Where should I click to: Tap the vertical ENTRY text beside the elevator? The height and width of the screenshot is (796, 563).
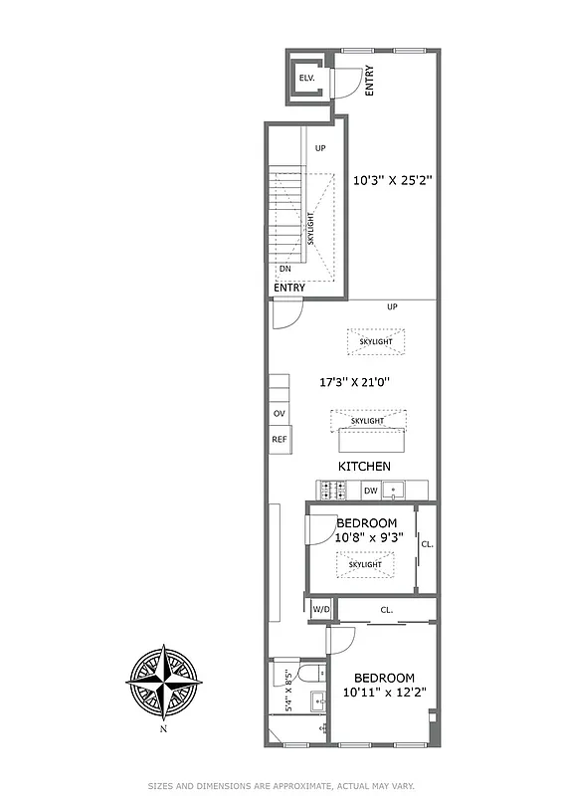pos(369,80)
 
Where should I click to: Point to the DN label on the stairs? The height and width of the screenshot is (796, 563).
pos(284,269)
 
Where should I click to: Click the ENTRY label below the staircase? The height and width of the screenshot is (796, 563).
pos(289,288)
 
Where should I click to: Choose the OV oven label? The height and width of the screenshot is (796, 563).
pos(279,414)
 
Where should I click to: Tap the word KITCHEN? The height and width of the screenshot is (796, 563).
pos(364,466)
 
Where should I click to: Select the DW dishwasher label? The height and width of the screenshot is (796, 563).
pos(369,490)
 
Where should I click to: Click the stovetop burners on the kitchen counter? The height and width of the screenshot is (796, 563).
pos(331,490)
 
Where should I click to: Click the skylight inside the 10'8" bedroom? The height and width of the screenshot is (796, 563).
pos(366,564)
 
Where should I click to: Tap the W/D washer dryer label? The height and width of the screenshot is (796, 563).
pos(320,609)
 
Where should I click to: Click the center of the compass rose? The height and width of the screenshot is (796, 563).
pos(163,683)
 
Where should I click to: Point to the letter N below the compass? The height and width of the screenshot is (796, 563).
pos(163,728)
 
